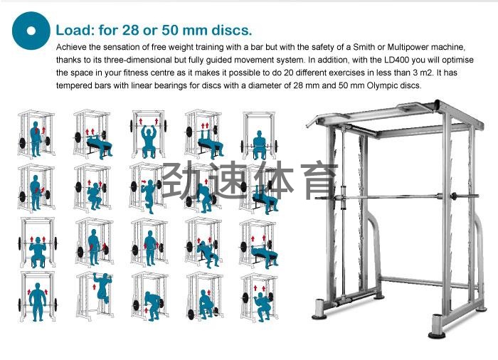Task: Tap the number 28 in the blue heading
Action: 130,30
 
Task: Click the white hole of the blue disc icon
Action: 31,31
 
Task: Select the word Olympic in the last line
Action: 381,86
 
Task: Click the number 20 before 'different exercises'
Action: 288,73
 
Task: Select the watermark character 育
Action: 317,180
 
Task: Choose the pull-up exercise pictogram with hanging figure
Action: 95,295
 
